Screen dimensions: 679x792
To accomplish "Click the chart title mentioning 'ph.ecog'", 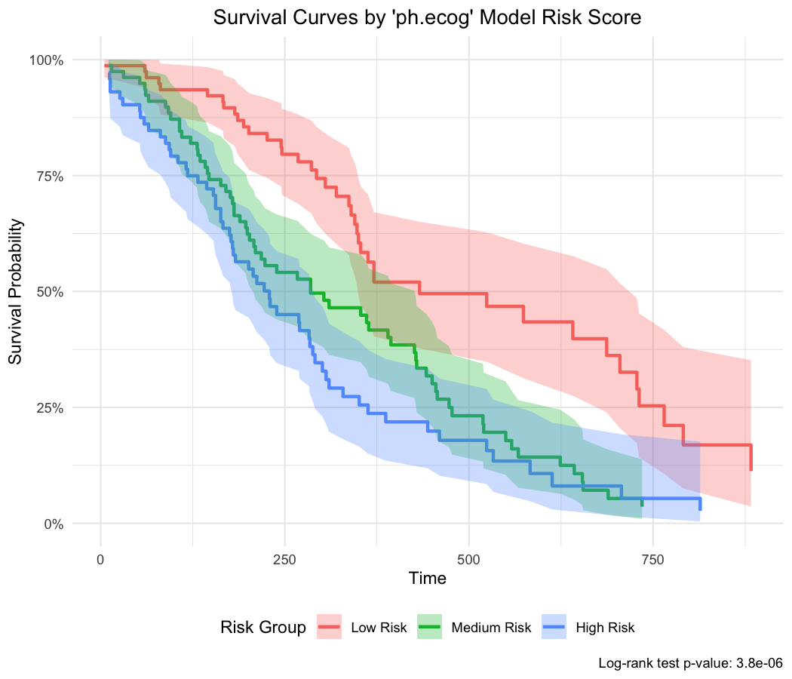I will coord(427,18).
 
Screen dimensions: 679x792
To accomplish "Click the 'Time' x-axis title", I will coord(427,579).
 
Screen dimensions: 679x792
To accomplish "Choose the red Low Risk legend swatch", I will coord(330,627).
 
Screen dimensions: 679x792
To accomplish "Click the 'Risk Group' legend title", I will coord(263,627).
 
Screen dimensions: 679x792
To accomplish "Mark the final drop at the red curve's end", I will coord(751,459).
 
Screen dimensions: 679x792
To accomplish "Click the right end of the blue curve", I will coord(700,505).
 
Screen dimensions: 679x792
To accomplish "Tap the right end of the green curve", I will coord(641,502).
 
